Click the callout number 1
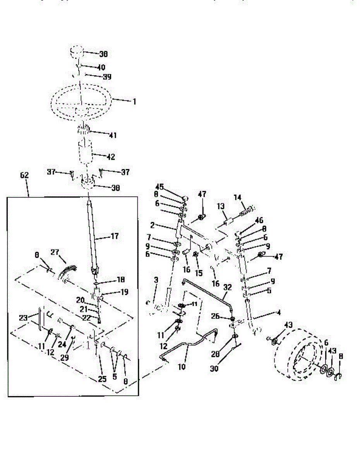(x=134, y=102)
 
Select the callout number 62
(x=24, y=175)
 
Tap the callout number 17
(x=115, y=236)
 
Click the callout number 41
(x=113, y=135)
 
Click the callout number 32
(x=228, y=288)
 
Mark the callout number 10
(x=182, y=365)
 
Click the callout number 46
(x=259, y=221)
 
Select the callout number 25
(x=102, y=379)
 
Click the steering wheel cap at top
(x=77, y=52)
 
